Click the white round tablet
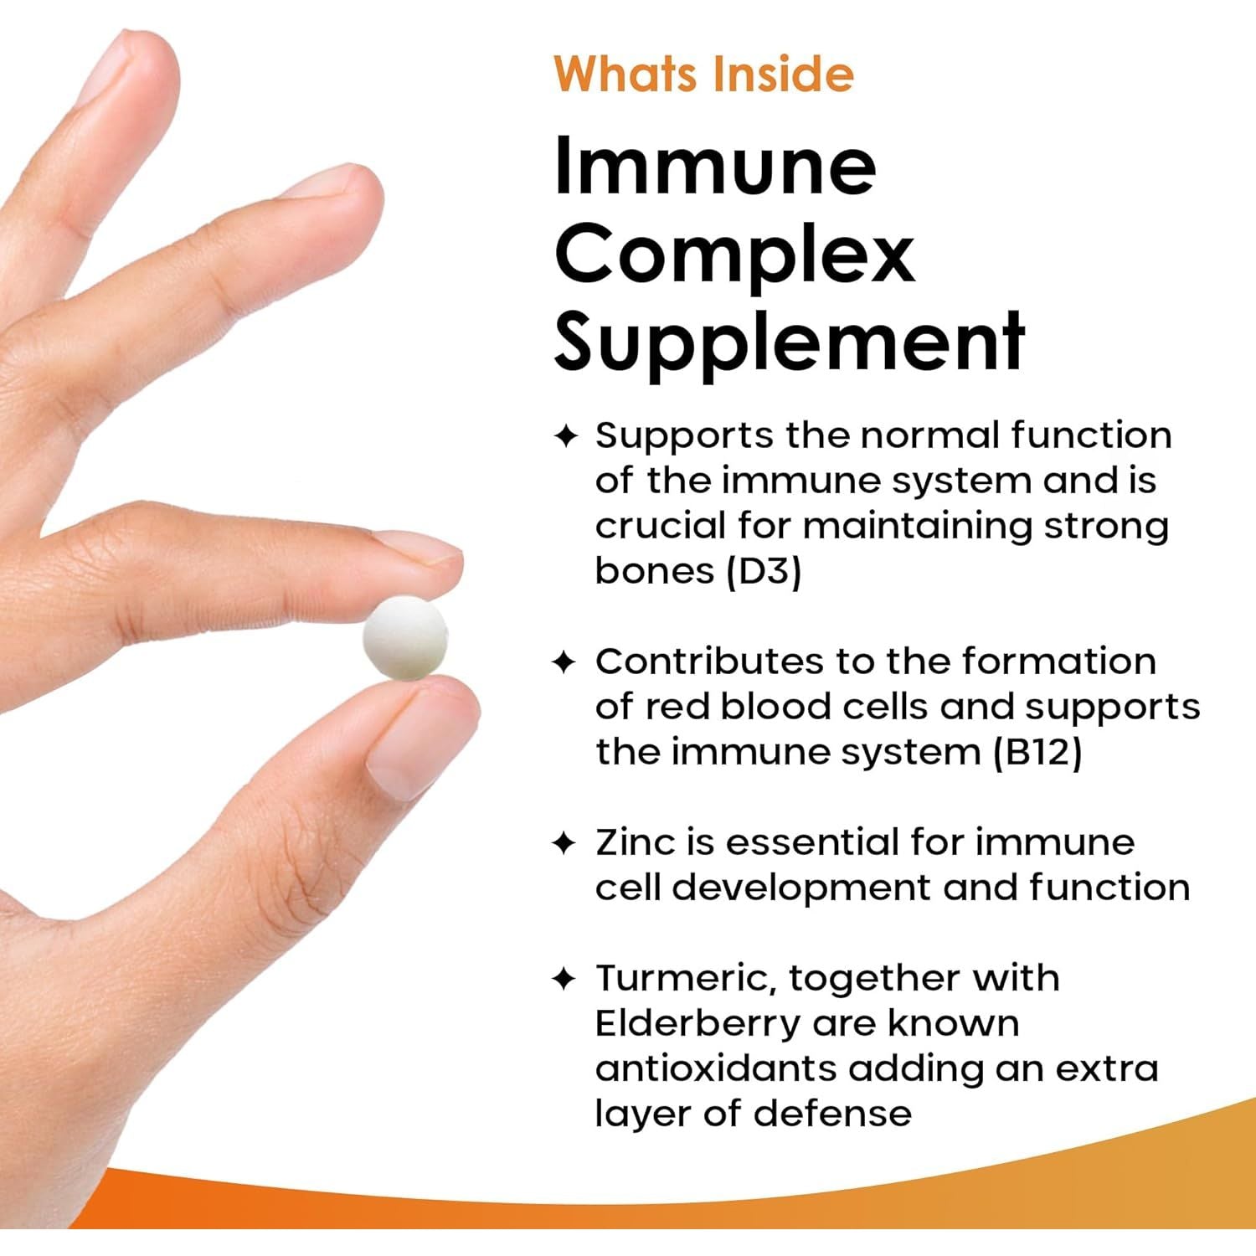pos(405,638)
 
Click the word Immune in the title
pos(715,165)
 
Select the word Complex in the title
pos(734,254)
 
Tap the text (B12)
pos(1037,752)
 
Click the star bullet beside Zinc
pos(565,843)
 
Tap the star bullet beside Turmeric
pos(565,978)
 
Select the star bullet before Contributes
pos(565,662)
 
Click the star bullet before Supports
pos(565,436)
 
